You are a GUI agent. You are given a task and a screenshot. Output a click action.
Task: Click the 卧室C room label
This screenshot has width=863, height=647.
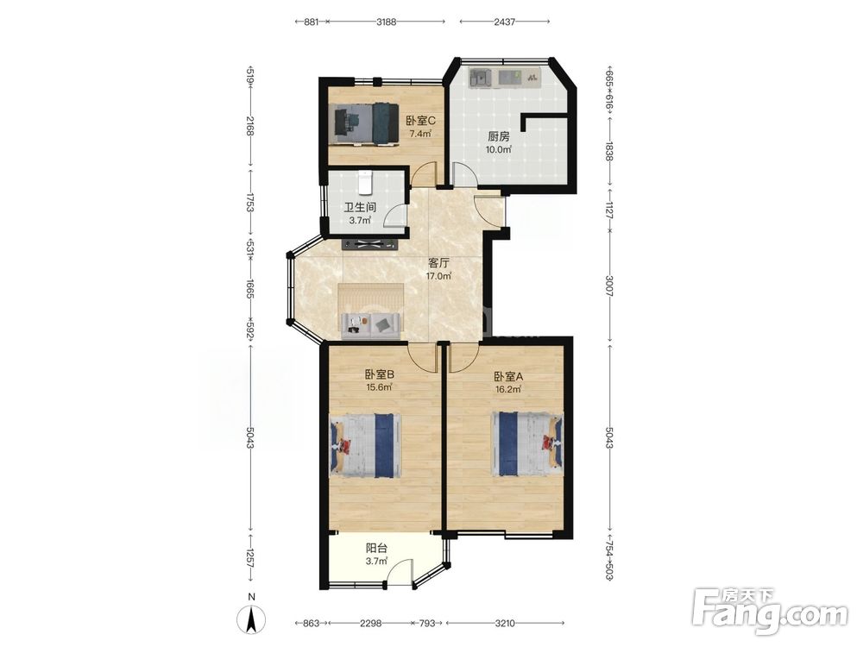421,120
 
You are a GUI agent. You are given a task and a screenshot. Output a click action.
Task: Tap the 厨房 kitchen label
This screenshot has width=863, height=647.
499,136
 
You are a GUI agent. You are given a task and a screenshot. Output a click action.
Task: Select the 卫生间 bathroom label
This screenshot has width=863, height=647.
361,208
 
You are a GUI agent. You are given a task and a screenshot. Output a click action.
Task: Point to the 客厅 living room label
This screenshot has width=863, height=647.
438,263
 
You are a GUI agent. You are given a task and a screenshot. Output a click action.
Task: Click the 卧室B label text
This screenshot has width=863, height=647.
379,374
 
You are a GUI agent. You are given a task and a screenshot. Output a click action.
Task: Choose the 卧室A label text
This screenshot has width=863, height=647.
508,377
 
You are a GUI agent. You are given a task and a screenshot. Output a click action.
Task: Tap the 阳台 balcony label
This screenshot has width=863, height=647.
377,549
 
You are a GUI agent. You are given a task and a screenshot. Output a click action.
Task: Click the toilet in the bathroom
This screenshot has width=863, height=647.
365,183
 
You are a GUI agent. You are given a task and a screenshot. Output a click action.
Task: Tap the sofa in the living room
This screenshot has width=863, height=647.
370,325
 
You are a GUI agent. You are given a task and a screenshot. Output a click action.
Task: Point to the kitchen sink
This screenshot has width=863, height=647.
481,77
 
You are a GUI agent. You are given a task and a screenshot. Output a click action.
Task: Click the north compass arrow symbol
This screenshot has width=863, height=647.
251,619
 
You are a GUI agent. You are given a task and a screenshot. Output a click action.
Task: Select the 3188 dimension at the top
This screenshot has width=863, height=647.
386,22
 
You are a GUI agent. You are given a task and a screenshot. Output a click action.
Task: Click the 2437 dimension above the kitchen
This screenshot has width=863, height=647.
504,22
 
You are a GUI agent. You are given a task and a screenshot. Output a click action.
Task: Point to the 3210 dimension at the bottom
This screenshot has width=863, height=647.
505,624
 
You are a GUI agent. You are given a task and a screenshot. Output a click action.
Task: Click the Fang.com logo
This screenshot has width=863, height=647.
770,611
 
